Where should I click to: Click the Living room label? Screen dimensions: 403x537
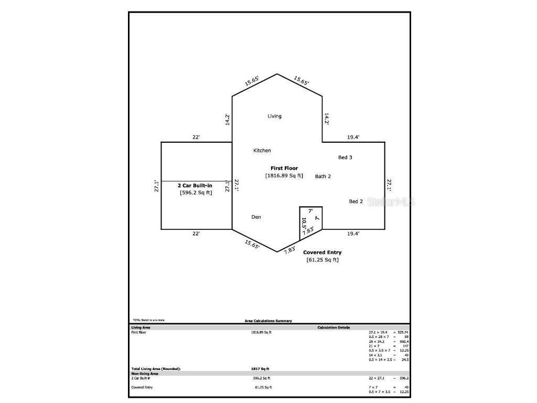coord(274,116)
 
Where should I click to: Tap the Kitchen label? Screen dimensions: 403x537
coord(262,151)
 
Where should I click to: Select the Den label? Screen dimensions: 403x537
coord(256,217)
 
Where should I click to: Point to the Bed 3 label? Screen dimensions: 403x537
coord(345,157)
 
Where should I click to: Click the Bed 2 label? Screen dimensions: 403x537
coord(356,201)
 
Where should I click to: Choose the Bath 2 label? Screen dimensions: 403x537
coord(323,176)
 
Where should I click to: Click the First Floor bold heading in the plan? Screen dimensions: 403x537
coord(284,168)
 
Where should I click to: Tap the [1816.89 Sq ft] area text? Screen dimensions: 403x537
coord(284,176)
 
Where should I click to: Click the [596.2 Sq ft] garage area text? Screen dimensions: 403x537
coord(196,193)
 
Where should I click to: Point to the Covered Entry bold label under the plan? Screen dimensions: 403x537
coord(323,252)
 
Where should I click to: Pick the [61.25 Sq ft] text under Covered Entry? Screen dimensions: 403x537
coord(323,260)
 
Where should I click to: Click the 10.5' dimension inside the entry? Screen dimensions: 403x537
coord(304,222)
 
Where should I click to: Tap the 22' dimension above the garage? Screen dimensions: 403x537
coord(196,137)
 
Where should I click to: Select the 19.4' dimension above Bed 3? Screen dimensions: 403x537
coord(353,137)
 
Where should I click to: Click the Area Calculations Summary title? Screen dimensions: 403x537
coord(268,321)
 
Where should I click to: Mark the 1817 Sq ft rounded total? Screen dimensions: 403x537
coord(260,369)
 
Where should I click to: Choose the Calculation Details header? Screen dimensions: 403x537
coord(334,327)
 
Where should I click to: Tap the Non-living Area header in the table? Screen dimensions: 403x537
coord(144,374)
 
